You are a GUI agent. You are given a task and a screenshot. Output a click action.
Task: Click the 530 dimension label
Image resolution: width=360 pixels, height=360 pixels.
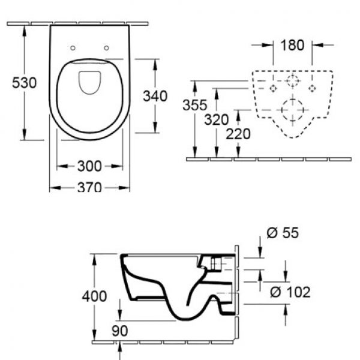tap(24, 83)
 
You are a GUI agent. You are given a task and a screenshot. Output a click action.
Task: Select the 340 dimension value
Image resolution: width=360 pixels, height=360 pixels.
tap(155, 96)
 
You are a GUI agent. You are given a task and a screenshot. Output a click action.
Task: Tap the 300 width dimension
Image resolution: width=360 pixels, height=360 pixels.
tap(89, 166)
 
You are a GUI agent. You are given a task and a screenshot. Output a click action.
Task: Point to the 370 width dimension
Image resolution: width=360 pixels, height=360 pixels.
tap(89, 187)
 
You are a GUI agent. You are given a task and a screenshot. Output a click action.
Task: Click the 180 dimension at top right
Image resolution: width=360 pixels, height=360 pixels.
tap(292, 45)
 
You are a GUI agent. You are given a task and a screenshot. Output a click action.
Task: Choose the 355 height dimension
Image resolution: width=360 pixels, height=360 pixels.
tap(194, 105)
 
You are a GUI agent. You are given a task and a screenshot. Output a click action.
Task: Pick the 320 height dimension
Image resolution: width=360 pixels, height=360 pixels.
tap(216, 119)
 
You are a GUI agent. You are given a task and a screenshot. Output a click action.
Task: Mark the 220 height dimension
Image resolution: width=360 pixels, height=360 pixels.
tap(238, 134)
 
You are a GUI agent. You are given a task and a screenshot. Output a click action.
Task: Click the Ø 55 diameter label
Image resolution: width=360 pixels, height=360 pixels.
tap(283, 233)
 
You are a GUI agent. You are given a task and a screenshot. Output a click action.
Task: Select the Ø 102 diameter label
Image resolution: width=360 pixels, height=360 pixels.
tap(290, 292)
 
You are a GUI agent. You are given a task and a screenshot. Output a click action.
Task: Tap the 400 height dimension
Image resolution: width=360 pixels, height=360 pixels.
tap(94, 296)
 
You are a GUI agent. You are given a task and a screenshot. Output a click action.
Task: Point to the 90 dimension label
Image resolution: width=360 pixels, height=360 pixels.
tap(119, 331)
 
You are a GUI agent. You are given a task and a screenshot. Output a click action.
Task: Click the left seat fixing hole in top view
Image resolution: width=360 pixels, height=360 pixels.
tap(73, 48)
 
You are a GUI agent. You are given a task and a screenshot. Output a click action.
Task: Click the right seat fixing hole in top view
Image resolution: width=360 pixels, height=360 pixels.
tap(107, 48)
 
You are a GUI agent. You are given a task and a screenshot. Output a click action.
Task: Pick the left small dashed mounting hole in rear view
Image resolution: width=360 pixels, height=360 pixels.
tap(273, 88)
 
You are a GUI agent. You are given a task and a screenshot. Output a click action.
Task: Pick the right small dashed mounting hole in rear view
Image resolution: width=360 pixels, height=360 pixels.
tap(312, 88)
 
